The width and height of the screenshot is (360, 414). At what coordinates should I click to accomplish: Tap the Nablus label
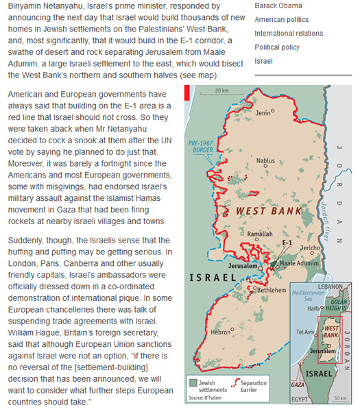pos(265,160)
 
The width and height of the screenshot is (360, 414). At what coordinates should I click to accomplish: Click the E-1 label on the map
pos(287,243)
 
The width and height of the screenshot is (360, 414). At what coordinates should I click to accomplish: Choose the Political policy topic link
pos(278,47)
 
